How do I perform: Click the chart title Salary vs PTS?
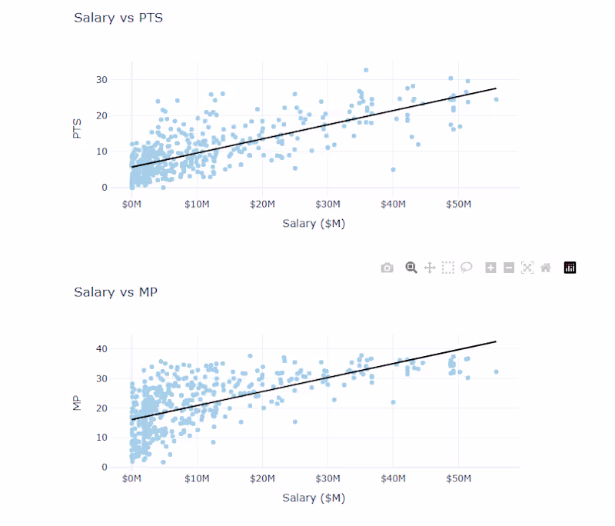[118, 18]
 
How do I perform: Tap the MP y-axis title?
[77, 403]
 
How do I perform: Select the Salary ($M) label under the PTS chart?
[314, 224]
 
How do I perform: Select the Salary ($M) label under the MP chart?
[314, 498]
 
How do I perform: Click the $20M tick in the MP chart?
[262, 478]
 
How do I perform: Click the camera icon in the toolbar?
[387, 268]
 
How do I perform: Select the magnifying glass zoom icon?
[411, 268]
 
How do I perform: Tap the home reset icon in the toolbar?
[546, 268]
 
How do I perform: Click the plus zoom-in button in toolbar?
[490, 268]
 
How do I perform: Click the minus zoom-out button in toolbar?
[509, 268]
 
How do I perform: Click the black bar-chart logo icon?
[570, 268]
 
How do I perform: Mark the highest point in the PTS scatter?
[366, 70]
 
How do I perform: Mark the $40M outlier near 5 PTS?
[393, 169]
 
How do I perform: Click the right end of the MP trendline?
[496, 341]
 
